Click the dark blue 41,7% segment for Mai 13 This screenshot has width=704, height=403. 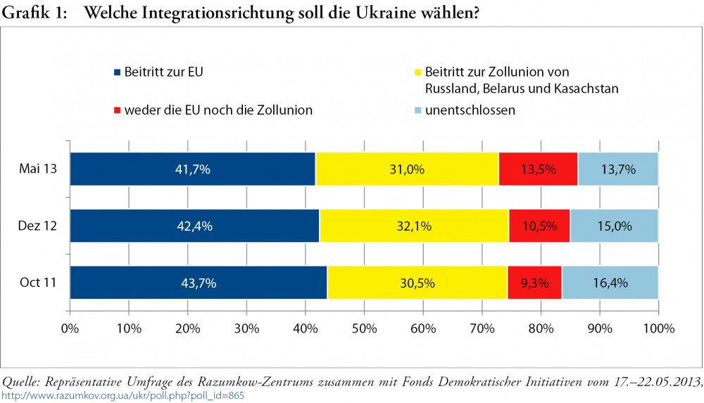tap(192, 169)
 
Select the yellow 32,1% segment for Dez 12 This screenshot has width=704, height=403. tap(414, 226)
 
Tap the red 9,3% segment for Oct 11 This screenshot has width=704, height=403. tap(534, 283)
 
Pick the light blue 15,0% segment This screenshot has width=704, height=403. tap(614, 226)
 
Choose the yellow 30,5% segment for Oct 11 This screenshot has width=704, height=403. tap(417, 283)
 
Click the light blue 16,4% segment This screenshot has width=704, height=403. tap(610, 283)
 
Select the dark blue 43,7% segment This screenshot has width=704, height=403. tap(199, 283)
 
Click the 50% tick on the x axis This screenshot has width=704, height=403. tap(364, 328)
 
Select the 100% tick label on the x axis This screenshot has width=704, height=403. tap(658, 328)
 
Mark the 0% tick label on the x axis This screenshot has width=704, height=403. tap(70, 328)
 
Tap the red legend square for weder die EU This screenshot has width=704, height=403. tap(118, 110)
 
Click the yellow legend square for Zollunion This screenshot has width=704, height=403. tap(418, 72)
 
